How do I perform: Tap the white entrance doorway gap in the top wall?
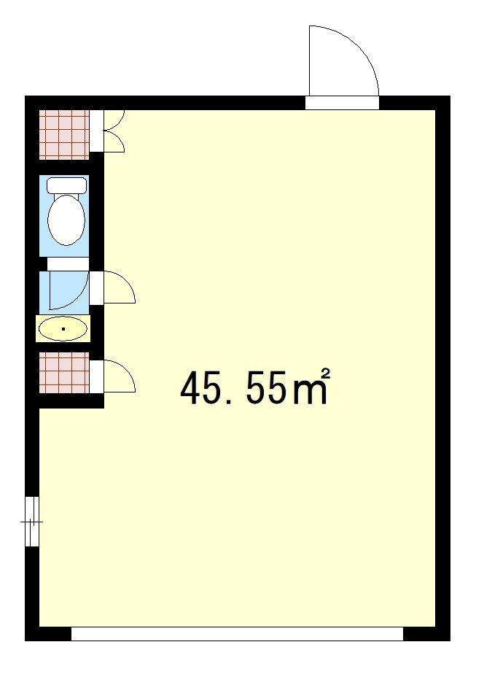pos(342,103)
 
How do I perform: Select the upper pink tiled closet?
pos(64,135)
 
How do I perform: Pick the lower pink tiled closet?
pos(64,373)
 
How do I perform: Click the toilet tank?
pos(66,185)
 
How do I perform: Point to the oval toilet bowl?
pos(66,220)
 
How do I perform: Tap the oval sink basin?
pos(63,329)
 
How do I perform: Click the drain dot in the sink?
pos(63,329)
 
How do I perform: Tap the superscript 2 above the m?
pos(326,374)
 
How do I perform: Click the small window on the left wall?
pos(32,521)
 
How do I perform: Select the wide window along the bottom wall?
pos(237,633)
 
